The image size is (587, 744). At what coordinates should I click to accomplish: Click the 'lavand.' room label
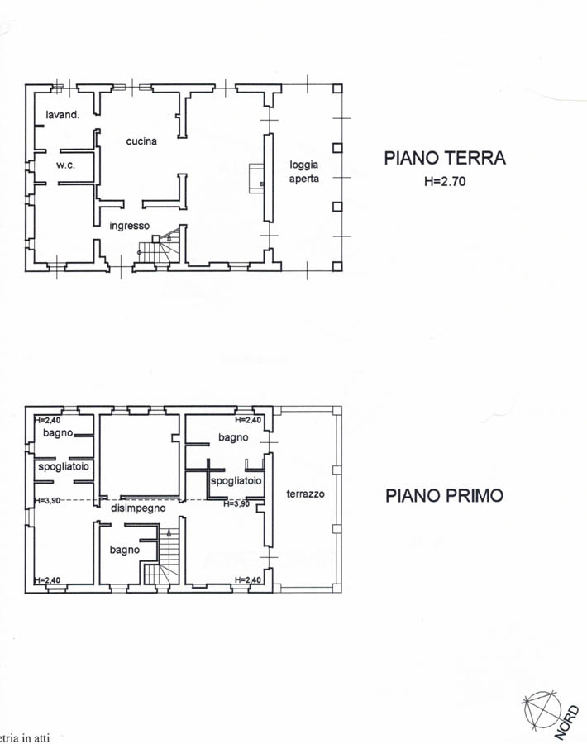coord(63,115)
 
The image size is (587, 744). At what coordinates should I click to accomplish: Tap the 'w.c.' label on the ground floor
coord(65,165)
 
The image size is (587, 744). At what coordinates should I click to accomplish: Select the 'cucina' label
coord(141,141)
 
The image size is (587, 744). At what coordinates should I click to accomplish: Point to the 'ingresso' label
coord(130,226)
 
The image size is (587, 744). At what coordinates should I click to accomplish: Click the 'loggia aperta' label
coord(304,171)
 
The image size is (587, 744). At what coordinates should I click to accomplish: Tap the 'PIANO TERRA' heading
coord(445,158)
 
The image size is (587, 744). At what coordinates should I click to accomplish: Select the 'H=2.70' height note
coord(445,181)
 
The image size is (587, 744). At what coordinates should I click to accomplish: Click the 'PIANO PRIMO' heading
coord(444,495)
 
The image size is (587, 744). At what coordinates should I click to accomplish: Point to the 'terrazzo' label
coord(306,494)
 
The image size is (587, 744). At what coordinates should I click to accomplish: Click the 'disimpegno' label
coord(138,508)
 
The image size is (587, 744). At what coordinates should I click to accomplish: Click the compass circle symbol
coord(542,709)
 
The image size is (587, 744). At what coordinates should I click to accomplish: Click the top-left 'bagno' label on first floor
coord(58,432)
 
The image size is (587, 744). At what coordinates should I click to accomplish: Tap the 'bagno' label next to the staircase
coord(124,550)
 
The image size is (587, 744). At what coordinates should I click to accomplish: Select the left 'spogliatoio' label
coord(64,467)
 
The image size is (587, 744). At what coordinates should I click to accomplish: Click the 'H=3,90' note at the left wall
coord(47,500)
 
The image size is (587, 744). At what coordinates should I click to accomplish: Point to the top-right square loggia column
coord(337,88)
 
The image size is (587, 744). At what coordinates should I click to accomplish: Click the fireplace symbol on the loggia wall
coord(257,179)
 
